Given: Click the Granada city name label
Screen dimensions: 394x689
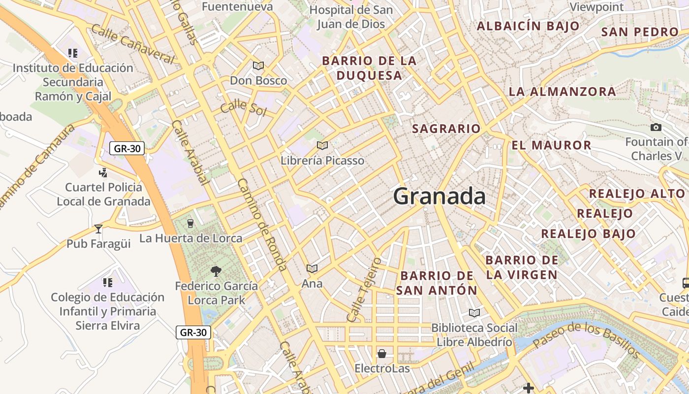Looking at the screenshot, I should (x=439, y=197).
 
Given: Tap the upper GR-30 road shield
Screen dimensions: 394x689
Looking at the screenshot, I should (x=127, y=148).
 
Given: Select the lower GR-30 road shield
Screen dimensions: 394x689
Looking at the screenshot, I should (x=193, y=332).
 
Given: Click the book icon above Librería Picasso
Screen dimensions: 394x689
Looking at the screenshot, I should (x=322, y=145).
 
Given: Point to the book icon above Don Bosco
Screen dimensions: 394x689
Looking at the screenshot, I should (x=258, y=66).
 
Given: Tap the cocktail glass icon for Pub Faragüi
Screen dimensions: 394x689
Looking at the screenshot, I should (x=98, y=229).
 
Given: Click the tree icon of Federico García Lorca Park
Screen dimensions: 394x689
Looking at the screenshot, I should (x=216, y=270).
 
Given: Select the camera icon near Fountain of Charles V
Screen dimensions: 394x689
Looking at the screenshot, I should (x=656, y=128).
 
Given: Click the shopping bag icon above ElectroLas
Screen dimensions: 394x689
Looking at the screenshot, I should (x=382, y=354).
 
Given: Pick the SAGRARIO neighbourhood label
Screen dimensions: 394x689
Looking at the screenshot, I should (x=446, y=129).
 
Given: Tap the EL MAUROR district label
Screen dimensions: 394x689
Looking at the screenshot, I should (x=551, y=145).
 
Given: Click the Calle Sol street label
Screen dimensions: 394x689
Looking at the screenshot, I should (x=243, y=108).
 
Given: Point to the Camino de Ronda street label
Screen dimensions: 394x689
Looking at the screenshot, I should (x=261, y=224).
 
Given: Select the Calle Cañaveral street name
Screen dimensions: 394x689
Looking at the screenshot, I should (x=132, y=44).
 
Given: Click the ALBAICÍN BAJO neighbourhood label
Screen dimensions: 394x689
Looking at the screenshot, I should (x=528, y=26).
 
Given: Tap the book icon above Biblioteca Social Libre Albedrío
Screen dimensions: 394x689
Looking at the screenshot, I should (x=474, y=313).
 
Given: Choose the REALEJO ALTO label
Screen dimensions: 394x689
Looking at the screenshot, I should (x=637, y=194).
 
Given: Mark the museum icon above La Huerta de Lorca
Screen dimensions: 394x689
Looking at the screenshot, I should (x=191, y=224).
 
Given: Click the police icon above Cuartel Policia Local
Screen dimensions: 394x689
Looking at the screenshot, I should (x=103, y=172).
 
